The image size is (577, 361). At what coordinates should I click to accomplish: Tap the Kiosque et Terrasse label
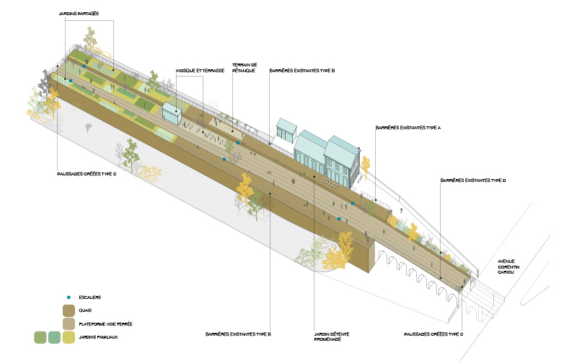tap(201, 71)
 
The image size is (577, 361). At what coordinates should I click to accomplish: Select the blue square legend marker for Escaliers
tap(69, 297)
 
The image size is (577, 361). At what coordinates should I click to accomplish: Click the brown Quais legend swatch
tap(69, 310)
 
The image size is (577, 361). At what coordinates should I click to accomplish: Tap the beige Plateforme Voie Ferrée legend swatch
tap(69, 323)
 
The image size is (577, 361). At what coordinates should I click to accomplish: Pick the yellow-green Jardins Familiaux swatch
tap(69, 336)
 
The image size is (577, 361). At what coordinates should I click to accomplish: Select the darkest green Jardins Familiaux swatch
tap(41, 336)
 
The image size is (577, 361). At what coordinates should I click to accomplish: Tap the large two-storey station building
tap(328, 155)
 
